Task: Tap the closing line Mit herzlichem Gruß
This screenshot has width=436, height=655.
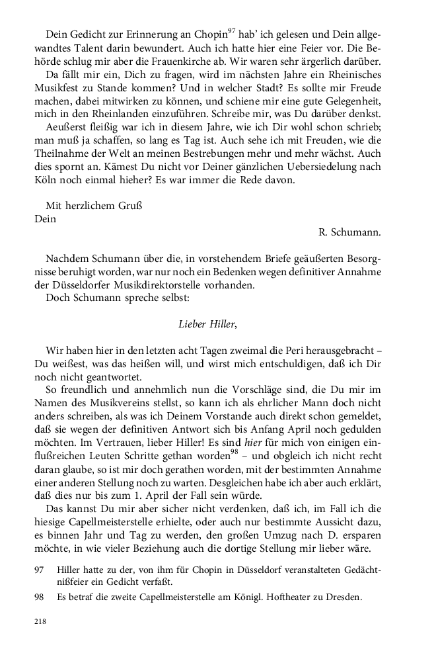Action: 95,205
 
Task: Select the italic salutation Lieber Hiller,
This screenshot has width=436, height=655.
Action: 207,324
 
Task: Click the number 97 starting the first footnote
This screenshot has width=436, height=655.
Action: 40,569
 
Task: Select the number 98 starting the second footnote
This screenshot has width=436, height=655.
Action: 40,597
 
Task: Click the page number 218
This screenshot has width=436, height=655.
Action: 41,622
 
